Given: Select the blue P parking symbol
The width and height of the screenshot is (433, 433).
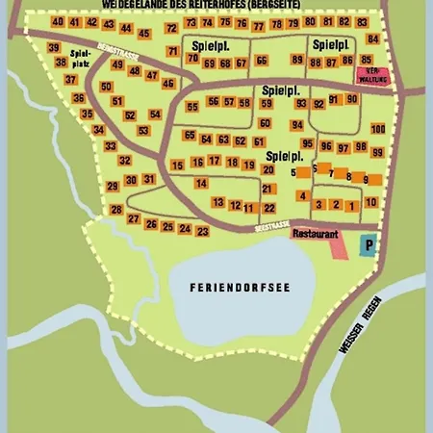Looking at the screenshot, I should click(x=367, y=246).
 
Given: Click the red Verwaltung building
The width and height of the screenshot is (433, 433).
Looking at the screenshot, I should click(x=369, y=75).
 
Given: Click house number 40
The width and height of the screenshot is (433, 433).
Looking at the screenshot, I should click(x=59, y=22).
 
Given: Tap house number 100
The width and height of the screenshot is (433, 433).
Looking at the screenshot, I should click(x=377, y=129).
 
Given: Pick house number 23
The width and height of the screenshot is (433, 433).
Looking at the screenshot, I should click(x=202, y=231).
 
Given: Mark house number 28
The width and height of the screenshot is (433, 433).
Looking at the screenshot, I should click(x=117, y=209).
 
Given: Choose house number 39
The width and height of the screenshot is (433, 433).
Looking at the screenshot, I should click(x=54, y=48).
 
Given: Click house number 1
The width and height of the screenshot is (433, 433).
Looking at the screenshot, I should click(x=353, y=204).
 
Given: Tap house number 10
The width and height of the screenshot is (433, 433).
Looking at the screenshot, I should click(x=370, y=203).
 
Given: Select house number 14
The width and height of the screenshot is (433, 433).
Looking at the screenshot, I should click(x=201, y=183).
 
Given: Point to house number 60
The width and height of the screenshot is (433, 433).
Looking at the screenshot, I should click(x=265, y=123).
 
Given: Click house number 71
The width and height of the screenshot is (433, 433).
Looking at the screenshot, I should click(x=172, y=51).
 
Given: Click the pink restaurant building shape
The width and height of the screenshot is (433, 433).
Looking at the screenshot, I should click(x=336, y=246).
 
